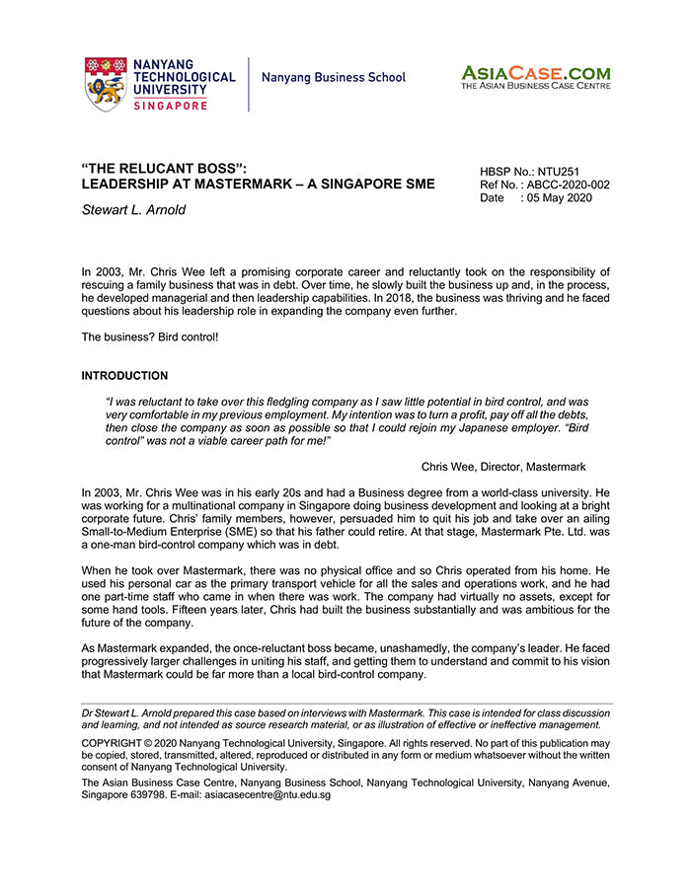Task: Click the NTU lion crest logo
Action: (105, 84)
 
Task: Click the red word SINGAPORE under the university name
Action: (169, 106)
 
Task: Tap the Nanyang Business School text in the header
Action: (334, 77)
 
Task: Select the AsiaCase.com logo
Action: (535, 73)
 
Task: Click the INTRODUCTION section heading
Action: (124, 376)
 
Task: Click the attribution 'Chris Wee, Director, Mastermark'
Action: (503, 467)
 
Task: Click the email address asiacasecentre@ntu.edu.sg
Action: (268, 794)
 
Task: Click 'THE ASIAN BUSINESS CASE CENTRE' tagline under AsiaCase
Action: (535, 87)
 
